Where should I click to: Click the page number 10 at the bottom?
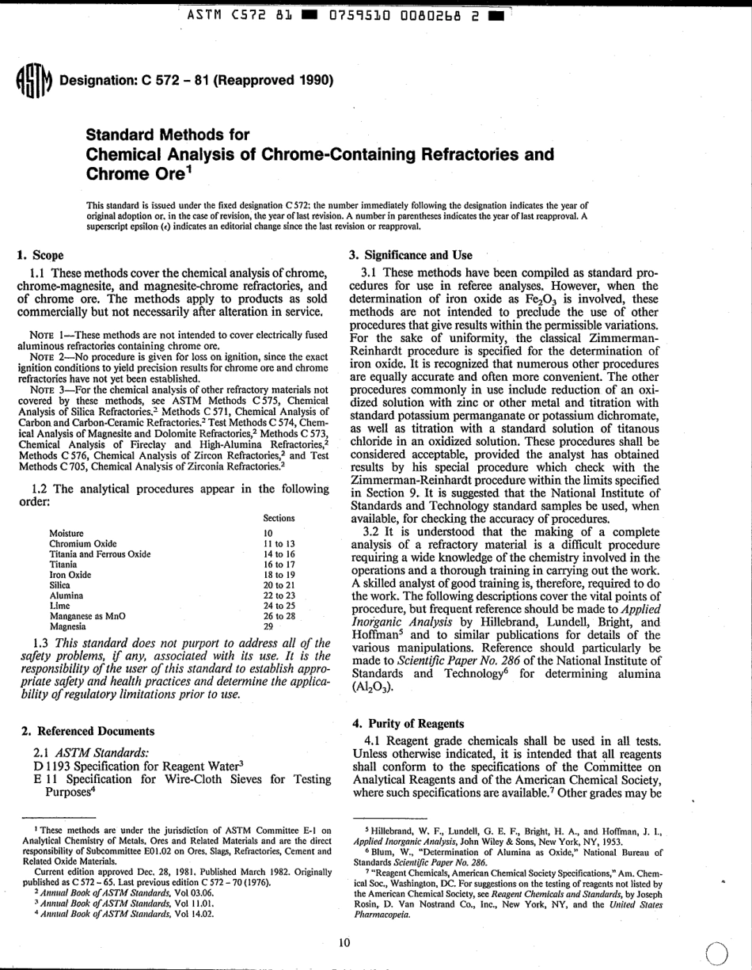(x=344, y=941)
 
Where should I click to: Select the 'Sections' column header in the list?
(x=279, y=518)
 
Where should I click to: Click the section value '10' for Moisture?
(x=268, y=534)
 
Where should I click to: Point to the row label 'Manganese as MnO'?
(x=87, y=615)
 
